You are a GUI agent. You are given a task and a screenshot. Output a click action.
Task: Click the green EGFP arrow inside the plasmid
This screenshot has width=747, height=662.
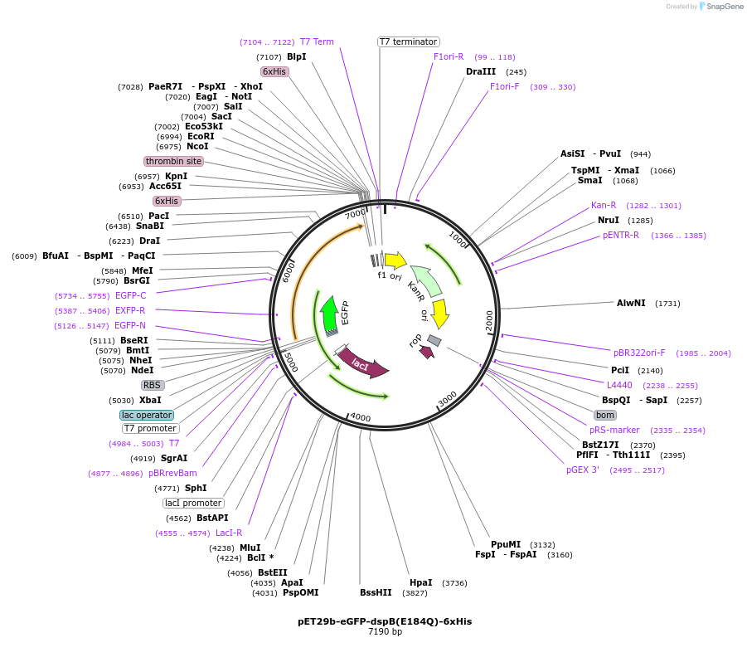pyautogui.click(x=329, y=314)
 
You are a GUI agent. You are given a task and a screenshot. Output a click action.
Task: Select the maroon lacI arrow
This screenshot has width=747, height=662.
pyautogui.click(x=362, y=364)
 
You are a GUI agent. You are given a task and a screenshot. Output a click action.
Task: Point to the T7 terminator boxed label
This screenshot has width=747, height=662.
pyautogui.click(x=409, y=41)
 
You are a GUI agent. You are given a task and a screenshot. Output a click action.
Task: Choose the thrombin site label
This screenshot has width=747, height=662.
pyautogui.click(x=173, y=161)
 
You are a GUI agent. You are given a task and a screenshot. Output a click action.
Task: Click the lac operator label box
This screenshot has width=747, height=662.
pyautogui.click(x=147, y=415)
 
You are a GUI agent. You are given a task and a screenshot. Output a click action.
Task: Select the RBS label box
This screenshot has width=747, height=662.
pyautogui.click(x=152, y=385)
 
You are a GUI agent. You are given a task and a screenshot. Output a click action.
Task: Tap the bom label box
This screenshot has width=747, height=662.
pyautogui.click(x=605, y=415)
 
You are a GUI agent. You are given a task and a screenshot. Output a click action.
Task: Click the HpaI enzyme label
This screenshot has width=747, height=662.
pyautogui.click(x=421, y=583)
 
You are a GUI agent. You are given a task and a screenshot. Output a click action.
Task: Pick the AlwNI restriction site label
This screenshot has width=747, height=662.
pyautogui.click(x=631, y=303)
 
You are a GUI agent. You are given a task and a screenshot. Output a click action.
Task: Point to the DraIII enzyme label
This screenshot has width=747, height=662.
pyautogui.click(x=481, y=72)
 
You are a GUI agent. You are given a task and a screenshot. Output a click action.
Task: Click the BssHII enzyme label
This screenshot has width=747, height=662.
pyautogui.click(x=376, y=593)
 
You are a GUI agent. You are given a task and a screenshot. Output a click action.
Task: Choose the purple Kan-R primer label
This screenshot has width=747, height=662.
pyautogui.click(x=604, y=205)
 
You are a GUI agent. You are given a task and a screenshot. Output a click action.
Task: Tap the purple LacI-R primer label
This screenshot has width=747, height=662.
pyautogui.click(x=229, y=533)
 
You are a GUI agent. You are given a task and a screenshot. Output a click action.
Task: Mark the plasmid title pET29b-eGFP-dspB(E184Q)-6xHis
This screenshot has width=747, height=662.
pyautogui.click(x=385, y=621)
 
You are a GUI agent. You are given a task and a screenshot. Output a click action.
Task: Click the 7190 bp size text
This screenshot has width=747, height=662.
pyautogui.click(x=385, y=631)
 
